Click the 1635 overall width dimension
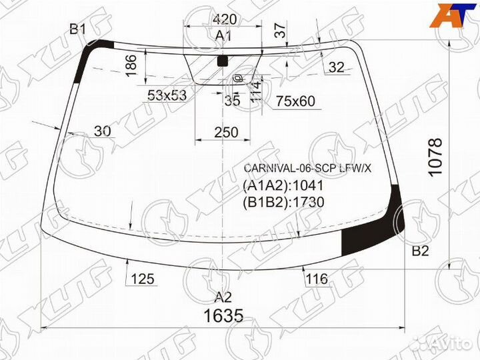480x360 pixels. point(223,315)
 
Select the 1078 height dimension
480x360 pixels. point(435,157)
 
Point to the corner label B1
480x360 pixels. point(78,29)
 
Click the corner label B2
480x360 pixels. point(420,251)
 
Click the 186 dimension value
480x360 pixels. point(131,67)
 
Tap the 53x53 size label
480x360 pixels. point(167,95)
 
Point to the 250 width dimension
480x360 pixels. point(226,133)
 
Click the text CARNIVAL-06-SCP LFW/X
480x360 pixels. point(307,168)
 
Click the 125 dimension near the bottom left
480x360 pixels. point(143,279)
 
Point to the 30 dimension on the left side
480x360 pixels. point(102,131)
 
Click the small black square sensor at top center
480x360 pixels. point(223,61)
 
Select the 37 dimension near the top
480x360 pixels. point(280,29)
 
